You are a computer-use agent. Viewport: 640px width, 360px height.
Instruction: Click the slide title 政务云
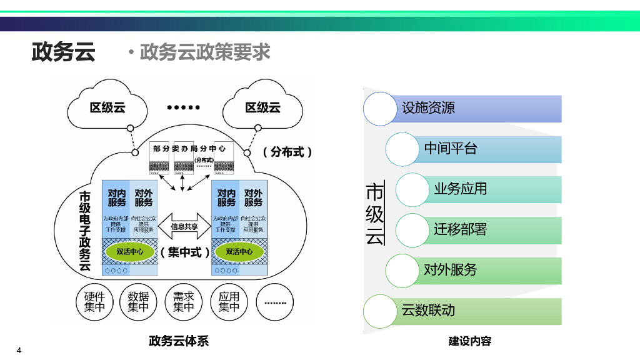point(63,52)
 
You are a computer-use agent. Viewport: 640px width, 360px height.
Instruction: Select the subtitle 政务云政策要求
point(204,52)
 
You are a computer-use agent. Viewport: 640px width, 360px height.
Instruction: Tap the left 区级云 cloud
point(107,107)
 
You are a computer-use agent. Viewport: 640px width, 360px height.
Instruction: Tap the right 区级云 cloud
point(262,107)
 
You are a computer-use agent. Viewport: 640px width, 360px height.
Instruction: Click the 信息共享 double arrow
point(184,226)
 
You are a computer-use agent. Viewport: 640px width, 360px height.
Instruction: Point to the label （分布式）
point(286,152)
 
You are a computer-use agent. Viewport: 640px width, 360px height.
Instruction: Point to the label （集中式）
point(185,252)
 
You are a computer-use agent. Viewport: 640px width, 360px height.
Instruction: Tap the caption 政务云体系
point(179,341)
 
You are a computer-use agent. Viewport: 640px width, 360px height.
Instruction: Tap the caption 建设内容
point(469,341)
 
